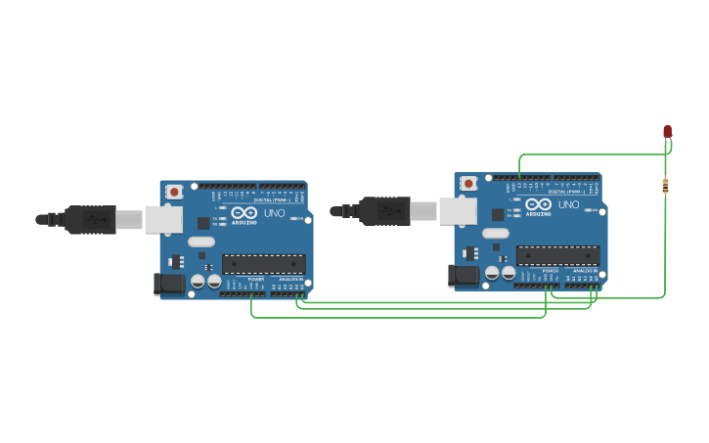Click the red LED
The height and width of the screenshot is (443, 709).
click(x=668, y=131)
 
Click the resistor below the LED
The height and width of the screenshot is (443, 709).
click(x=665, y=185)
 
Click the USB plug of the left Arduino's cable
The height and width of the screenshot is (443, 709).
click(x=90, y=220)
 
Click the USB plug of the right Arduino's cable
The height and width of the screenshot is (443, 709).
click(x=384, y=211)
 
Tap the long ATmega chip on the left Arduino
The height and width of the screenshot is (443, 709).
click(x=264, y=264)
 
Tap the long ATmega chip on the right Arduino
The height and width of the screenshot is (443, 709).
click(x=558, y=255)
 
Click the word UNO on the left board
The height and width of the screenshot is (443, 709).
click(x=274, y=212)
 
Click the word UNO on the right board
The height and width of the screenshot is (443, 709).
click(x=568, y=204)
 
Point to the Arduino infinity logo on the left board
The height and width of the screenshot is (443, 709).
click(x=244, y=212)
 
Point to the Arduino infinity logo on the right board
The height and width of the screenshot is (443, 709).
click(x=539, y=204)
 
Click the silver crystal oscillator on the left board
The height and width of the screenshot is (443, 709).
click(x=201, y=242)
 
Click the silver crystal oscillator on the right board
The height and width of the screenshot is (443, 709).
click(x=496, y=233)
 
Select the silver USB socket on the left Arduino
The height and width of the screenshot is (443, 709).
click(x=163, y=219)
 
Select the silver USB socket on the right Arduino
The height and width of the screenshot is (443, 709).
click(x=458, y=211)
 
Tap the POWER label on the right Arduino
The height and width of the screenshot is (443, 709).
click(x=551, y=271)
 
